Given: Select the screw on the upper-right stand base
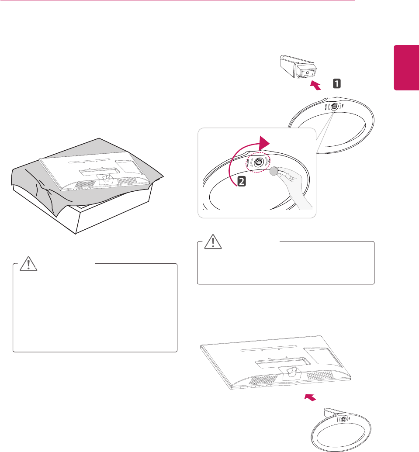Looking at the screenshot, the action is click(335, 106).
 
